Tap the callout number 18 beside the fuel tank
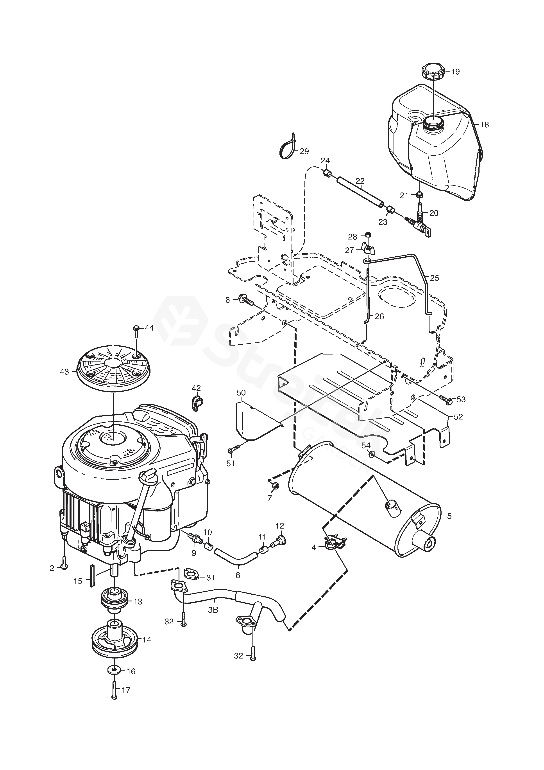(484, 125)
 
